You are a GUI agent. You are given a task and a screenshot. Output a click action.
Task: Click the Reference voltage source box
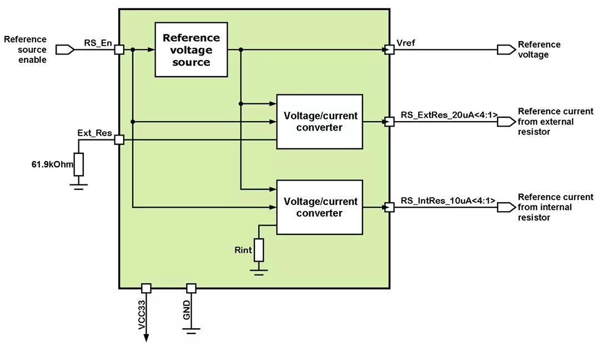click(191, 49)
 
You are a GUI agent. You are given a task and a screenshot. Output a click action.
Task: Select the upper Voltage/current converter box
click(319, 122)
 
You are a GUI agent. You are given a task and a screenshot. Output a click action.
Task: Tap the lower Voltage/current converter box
click(319, 207)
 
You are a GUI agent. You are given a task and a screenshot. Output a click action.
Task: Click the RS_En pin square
click(118, 50)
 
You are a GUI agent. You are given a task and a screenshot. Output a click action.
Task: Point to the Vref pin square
click(390, 50)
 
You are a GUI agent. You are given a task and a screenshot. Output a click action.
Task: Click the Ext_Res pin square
click(118, 140)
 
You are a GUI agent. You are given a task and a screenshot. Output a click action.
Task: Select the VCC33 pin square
click(146, 288)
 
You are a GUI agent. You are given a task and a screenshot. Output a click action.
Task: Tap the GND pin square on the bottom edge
click(191, 288)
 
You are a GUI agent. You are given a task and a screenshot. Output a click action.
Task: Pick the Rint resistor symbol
click(259, 250)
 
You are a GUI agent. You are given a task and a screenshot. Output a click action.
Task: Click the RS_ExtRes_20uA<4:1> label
click(449, 115)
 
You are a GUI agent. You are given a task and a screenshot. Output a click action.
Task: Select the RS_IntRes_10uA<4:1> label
click(448, 201)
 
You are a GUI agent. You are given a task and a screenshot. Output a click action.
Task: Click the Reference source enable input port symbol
click(65, 50)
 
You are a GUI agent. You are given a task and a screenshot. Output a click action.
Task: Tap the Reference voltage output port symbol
click(506, 50)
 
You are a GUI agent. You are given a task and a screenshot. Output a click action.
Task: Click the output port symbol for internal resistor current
click(506, 207)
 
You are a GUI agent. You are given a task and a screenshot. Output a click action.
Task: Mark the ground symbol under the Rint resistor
click(259, 271)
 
